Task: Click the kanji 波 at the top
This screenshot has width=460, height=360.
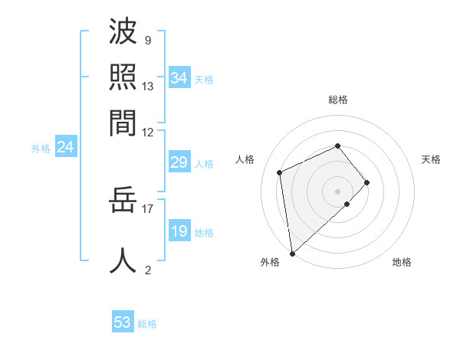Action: coord(123,33)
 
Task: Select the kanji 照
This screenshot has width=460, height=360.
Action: coord(123,77)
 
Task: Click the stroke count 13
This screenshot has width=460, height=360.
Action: coord(148,86)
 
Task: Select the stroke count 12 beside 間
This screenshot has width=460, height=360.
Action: coord(148,131)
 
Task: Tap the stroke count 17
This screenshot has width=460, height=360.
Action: coord(148,208)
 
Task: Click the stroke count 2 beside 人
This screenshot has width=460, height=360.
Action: coord(147,270)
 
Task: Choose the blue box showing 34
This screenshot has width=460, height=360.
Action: coord(179,78)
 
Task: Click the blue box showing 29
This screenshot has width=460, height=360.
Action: coord(179,162)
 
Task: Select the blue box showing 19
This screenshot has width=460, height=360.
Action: coord(179,231)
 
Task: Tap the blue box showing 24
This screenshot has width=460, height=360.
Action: coord(65,147)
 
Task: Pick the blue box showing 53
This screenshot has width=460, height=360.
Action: coord(122,322)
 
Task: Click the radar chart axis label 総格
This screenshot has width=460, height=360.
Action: coord(337,100)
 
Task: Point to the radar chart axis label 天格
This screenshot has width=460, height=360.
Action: coord(431,159)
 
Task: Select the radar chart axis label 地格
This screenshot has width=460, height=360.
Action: coord(402,262)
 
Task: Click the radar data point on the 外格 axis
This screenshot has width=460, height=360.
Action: coord(291,253)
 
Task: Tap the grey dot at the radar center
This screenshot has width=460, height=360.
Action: coord(337,190)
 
